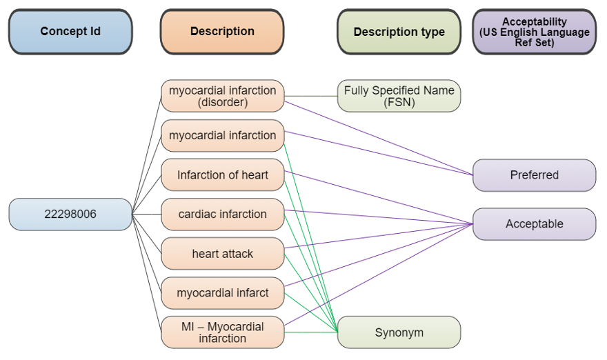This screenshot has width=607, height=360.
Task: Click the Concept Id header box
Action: pyautogui.click(x=70, y=32)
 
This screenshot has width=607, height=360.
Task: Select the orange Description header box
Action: pyautogui.click(x=222, y=32)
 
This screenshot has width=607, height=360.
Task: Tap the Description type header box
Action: pyautogui.click(x=399, y=32)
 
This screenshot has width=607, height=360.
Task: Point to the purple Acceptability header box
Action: pyautogui.click(x=534, y=32)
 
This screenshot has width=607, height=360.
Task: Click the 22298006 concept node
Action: pyautogui.click(x=70, y=214)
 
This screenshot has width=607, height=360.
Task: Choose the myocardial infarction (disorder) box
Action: pyautogui.click(x=222, y=96)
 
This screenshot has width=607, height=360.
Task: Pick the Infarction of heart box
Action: pyautogui.click(x=222, y=174)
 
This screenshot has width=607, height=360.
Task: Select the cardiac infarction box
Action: pyautogui.click(x=222, y=214)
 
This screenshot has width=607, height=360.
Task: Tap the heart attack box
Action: pyautogui.click(x=222, y=254)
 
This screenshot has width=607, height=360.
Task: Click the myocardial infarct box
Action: pyautogui.click(x=222, y=293)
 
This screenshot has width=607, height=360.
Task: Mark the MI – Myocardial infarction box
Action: pyautogui.click(x=222, y=332)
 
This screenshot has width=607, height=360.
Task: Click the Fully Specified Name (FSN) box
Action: pyautogui.click(x=399, y=96)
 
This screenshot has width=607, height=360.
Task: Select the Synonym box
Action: pyautogui.click(x=399, y=332)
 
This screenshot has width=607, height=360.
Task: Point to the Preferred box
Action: pyautogui.click(x=534, y=175)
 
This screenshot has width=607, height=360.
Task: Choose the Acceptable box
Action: pyautogui.click(x=534, y=224)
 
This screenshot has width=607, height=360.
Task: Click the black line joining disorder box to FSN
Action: pyautogui.click(x=310, y=96)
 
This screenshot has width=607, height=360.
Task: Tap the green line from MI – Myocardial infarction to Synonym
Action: pyautogui.click(x=310, y=332)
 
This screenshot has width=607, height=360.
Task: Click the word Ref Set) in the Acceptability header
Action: pyautogui.click(x=535, y=43)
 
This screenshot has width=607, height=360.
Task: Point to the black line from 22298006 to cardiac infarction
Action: pyautogui.click(x=146, y=214)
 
